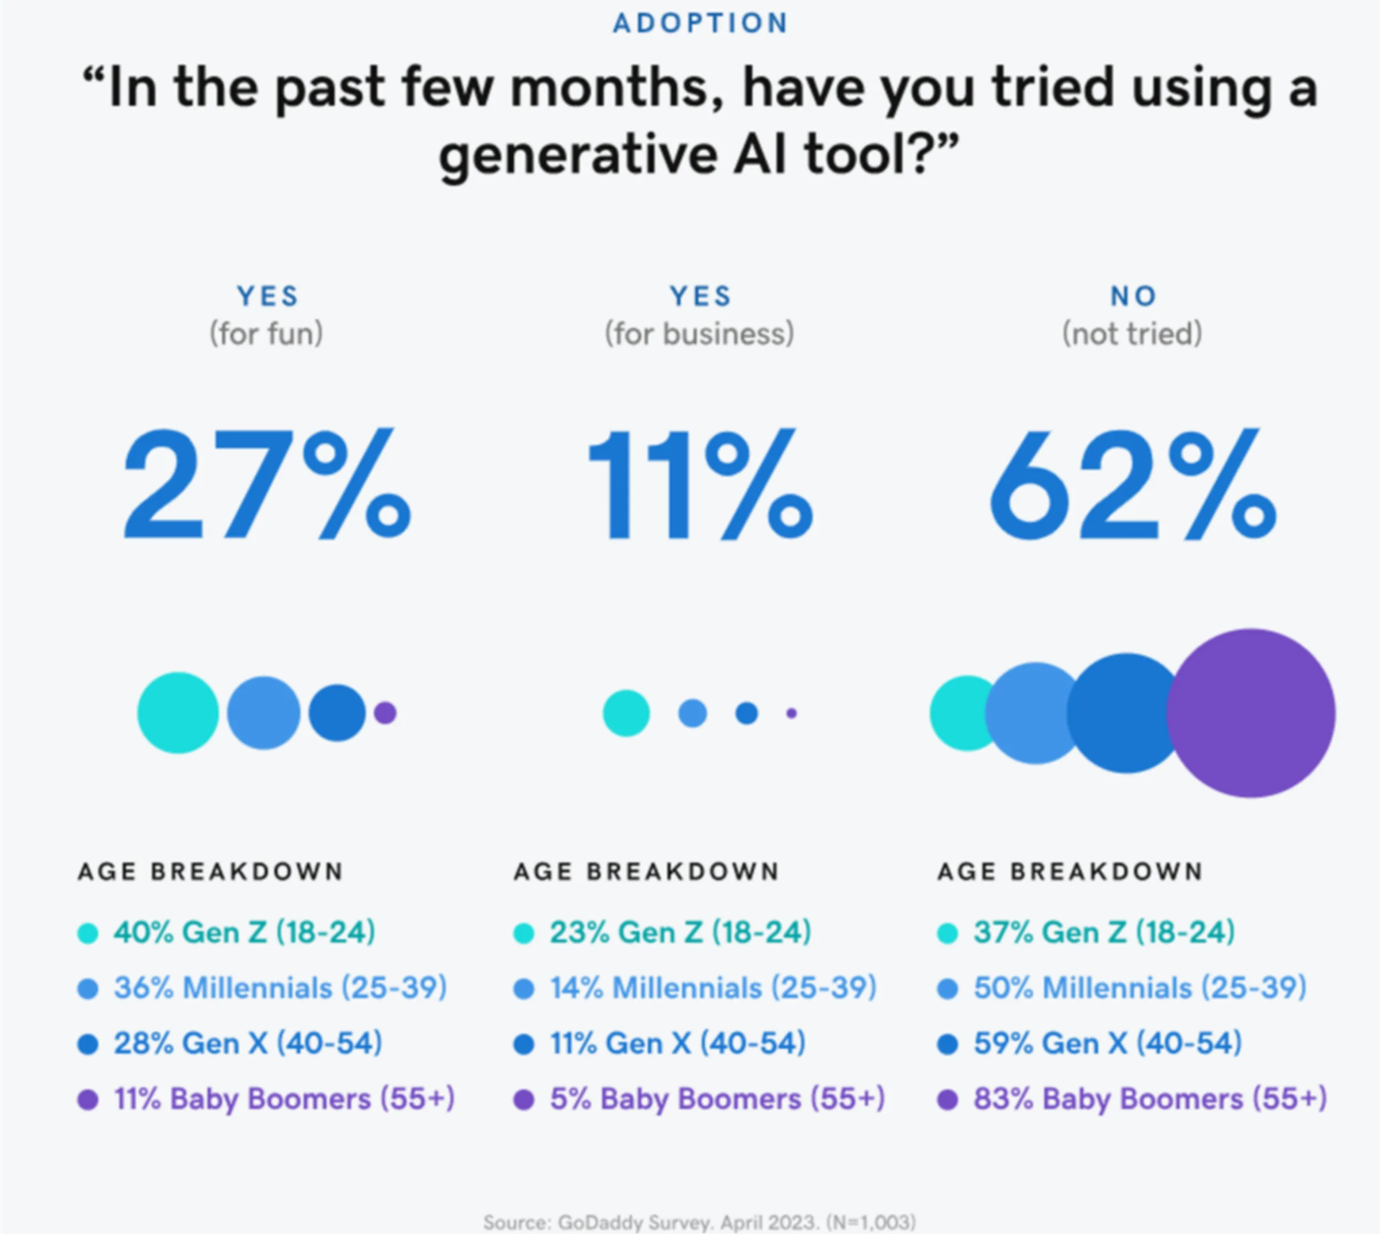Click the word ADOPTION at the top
click(x=700, y=24)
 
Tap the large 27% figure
click(x=266, y=484)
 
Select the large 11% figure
click(x=699, y=484)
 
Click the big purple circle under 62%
click(x=1251, y=713)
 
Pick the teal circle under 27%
click(x=178, y=712)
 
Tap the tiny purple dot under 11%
click(x=791, y=713)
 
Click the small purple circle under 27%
click(x=385, y=713)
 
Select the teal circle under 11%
click(x=626, y=713)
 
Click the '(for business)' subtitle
click(x=699, y=334)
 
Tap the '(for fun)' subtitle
click(x=266, y=334)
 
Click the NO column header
click(x=1133, y=296)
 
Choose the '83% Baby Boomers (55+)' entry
click(x=1150, y=1099)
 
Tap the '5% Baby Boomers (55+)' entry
click(x=717, y=1099)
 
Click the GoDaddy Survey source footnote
click(x=699, y=1222)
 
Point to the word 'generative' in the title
click(x=578, y=155)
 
